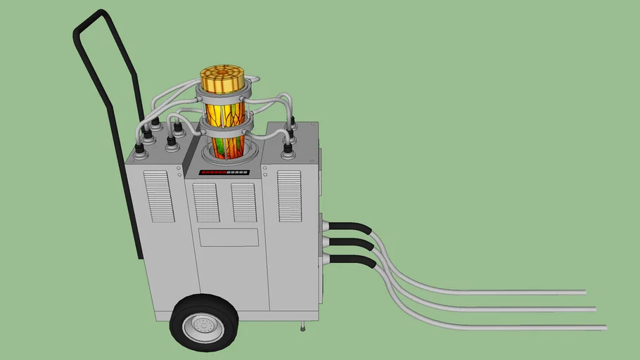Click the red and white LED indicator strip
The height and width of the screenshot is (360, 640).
click(224, 172)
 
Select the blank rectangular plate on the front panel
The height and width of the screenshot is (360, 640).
click(228, 237)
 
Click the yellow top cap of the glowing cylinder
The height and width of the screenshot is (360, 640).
click(222, 78)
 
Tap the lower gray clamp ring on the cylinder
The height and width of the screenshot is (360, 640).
click(224, 127)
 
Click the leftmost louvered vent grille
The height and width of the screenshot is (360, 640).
click(159, 195)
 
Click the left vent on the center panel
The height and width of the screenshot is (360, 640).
click(206, 202)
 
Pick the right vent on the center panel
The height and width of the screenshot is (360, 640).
click(244, 202)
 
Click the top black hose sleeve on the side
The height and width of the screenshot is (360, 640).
click(351, 228)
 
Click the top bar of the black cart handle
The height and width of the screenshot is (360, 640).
click(91, 18)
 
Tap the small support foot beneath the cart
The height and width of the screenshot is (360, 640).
click(302, 326)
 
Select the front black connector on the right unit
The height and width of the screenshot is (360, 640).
click(287, 150)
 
